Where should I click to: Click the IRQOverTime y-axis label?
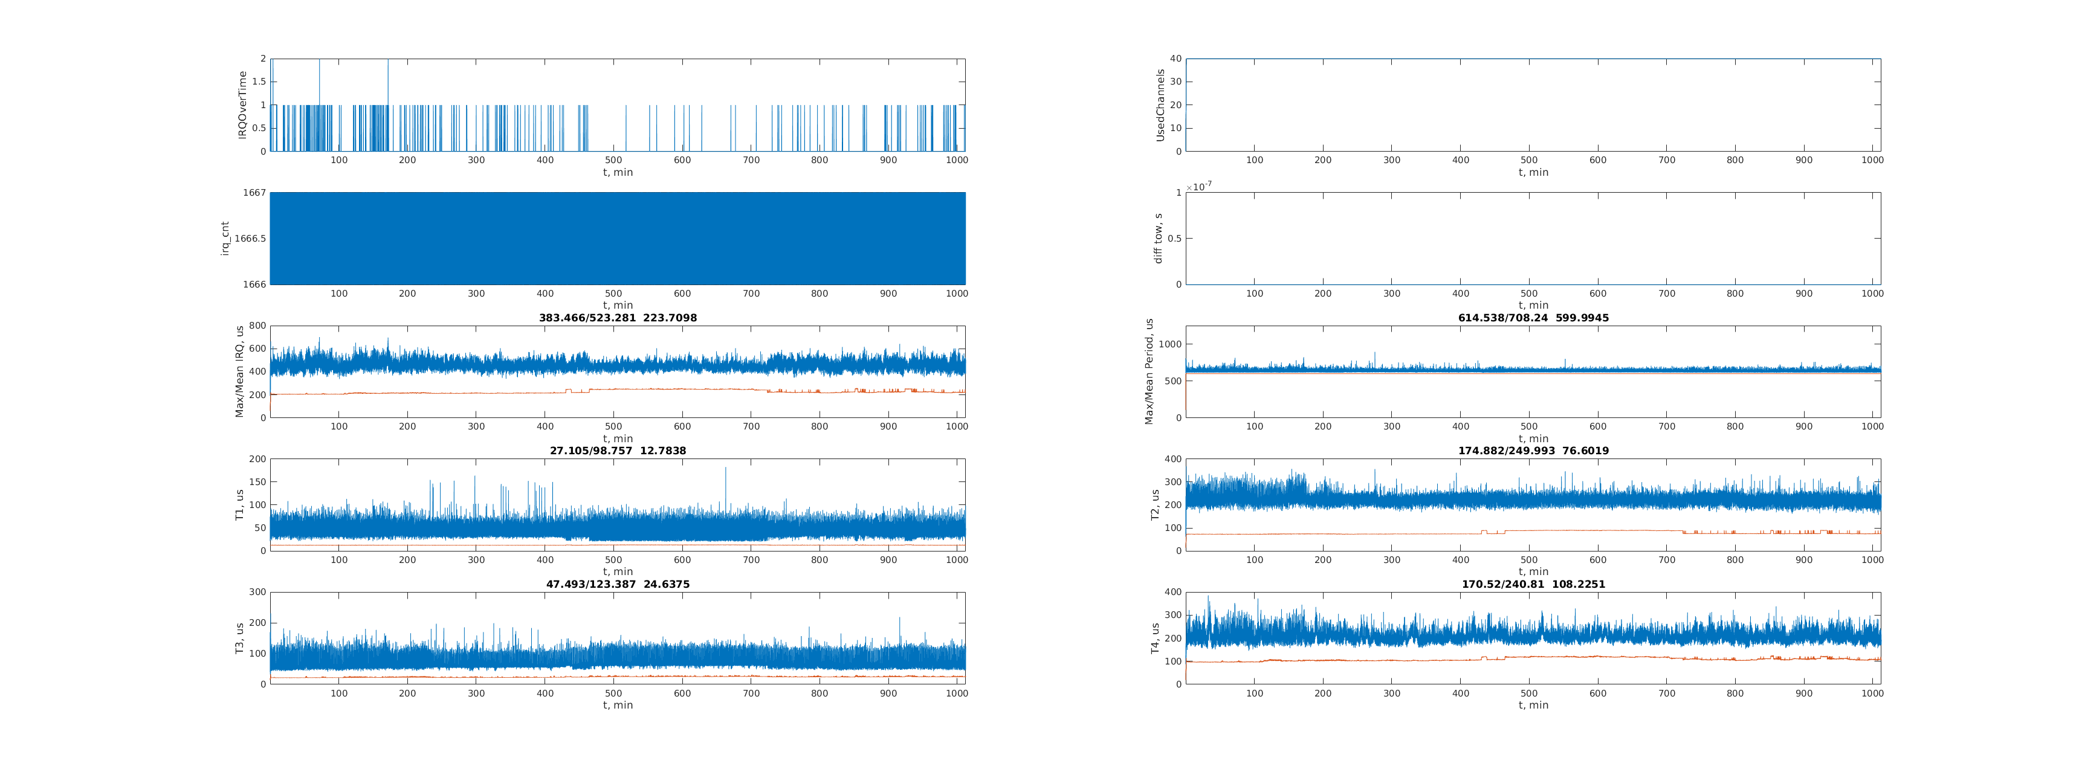242,105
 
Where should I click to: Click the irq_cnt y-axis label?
225,239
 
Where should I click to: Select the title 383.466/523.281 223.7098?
618,318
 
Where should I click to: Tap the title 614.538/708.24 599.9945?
1533,318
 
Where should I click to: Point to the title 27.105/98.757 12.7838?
618,451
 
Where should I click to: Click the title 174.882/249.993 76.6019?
1533,451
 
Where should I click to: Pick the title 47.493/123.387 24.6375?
618,584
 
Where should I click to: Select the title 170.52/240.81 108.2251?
1533,584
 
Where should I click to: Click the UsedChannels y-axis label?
1160,105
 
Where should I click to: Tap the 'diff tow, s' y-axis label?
1158,239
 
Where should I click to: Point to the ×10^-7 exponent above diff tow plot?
1198,186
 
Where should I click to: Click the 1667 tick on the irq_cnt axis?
254,193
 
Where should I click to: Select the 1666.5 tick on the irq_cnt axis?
250,239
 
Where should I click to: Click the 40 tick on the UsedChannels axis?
1176,59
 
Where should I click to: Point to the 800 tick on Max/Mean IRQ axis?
257,326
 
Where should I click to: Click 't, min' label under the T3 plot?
618,705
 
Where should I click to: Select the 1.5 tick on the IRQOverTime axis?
258,82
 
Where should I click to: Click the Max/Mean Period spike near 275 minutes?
1376,353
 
